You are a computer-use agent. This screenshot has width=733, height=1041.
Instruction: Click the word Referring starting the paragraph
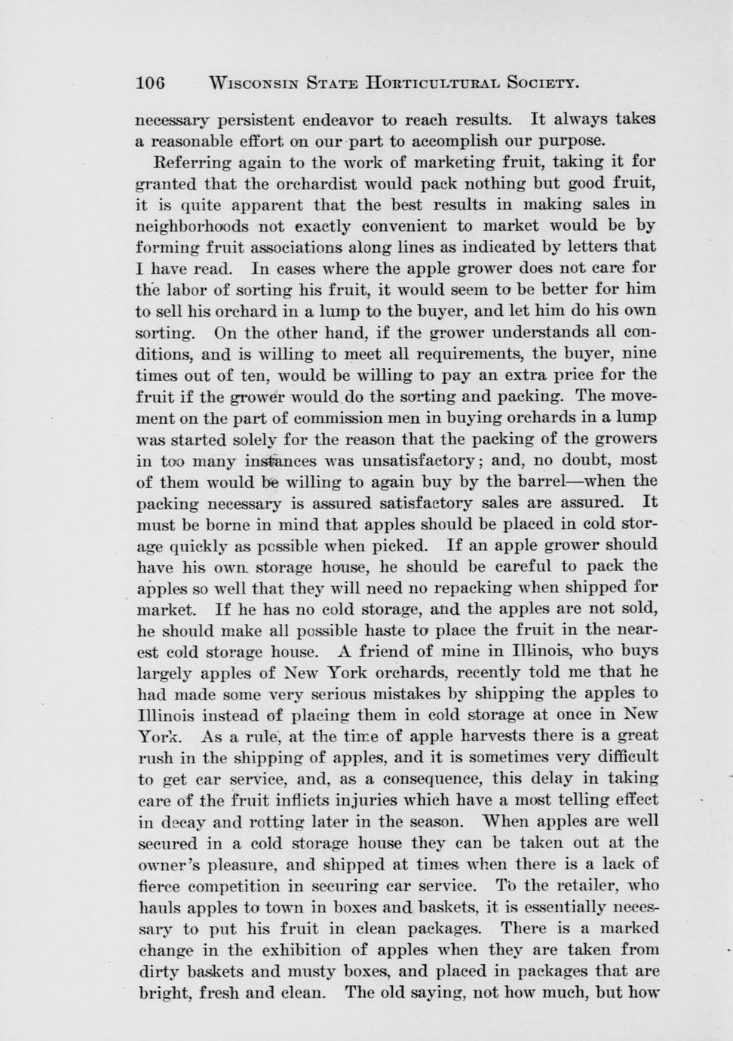pos(191,161)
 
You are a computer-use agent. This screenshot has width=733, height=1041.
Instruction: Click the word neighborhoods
pos(192,226)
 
